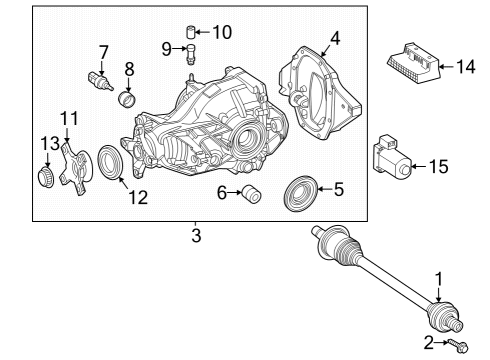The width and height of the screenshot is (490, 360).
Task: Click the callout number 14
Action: pyautogui.click(x=466, y=66)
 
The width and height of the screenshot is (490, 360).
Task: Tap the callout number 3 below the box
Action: pyautogui.click(x=196, y=235)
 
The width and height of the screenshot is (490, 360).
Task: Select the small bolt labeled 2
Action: pyautogui.click(x=459, y=345)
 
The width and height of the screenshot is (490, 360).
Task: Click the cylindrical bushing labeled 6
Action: pyautogui.click(x=252, y=193)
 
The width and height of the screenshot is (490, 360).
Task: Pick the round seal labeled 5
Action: pyautogui.click(x=301, y=193)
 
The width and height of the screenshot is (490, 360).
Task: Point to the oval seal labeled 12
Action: pyautogui.click(x=110, y=162)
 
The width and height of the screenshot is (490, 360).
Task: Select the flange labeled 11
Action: pyautogui.click(x=75, y=168)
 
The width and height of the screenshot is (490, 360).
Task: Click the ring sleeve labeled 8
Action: pyautogui.click(x=127, y=99)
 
